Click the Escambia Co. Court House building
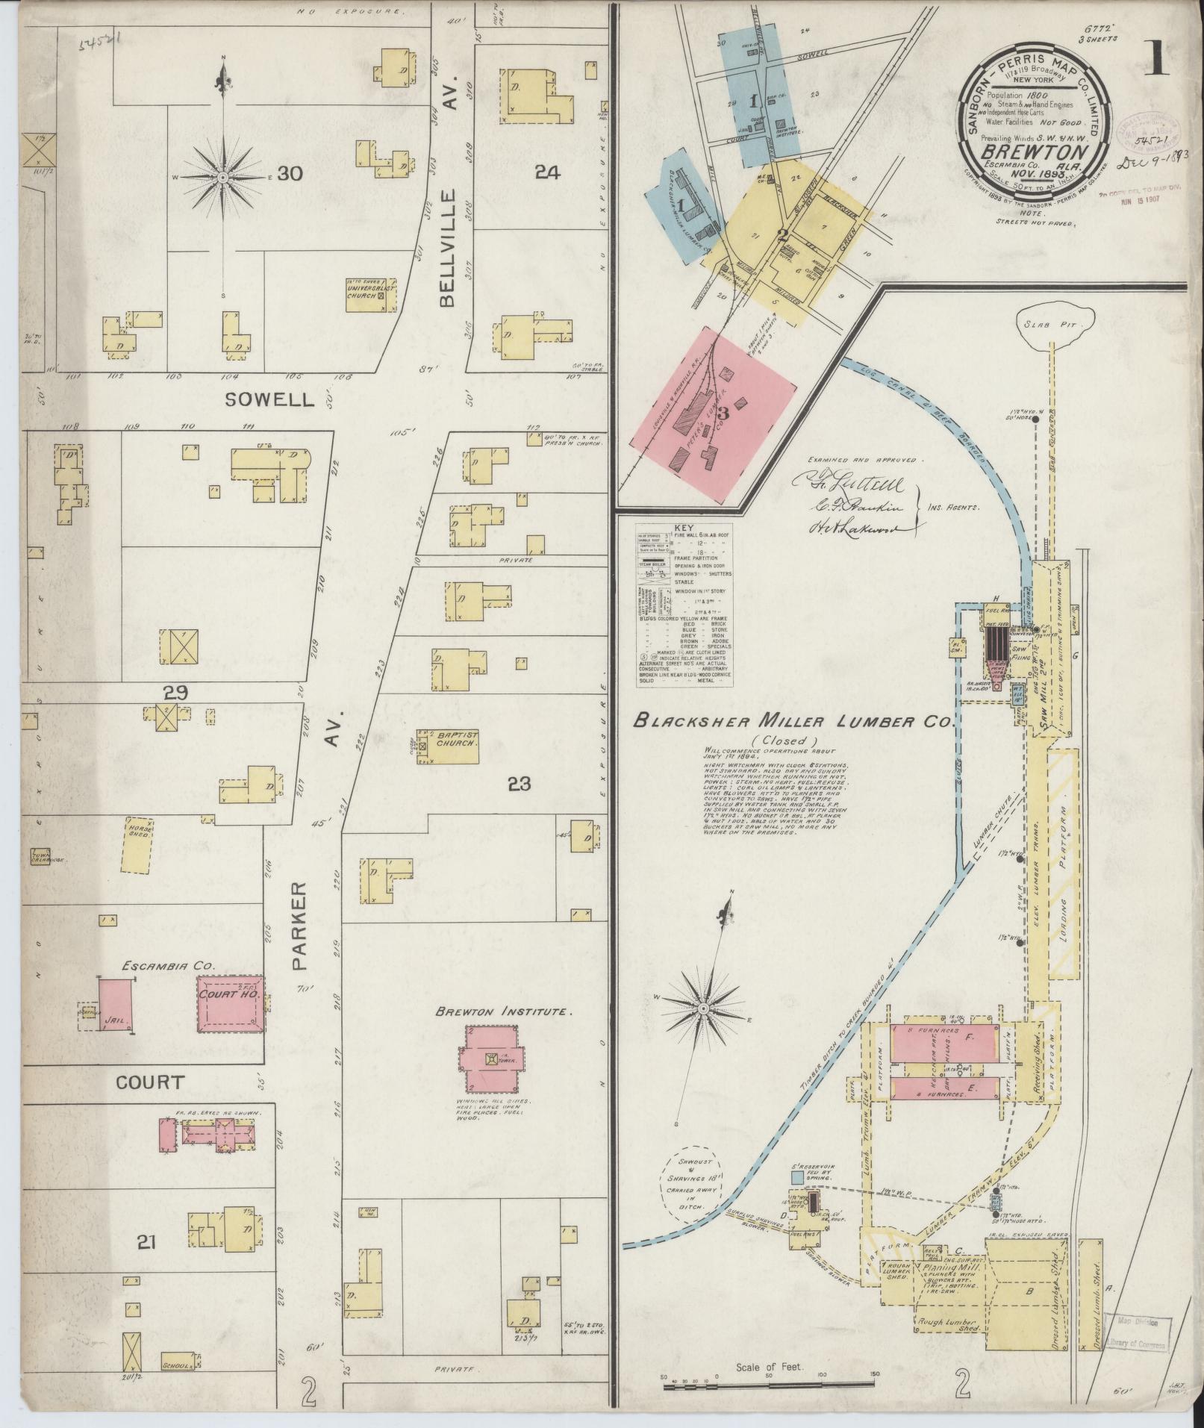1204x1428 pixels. [231, 1004]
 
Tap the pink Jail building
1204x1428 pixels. [116, 1003]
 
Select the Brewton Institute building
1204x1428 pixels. [491, 1058]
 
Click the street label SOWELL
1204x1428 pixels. [270, 400]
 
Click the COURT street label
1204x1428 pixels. [149, 1082]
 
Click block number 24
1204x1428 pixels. [546, 172]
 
